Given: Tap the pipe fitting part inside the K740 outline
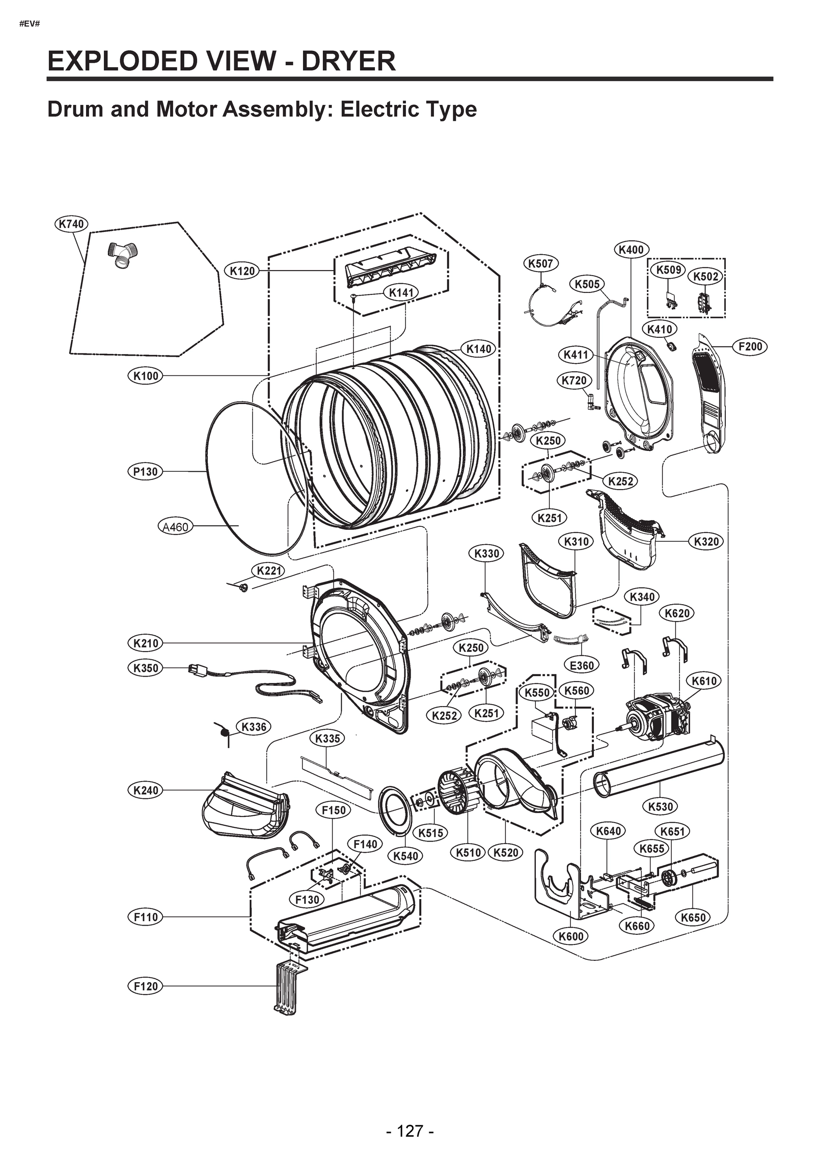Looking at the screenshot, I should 122,254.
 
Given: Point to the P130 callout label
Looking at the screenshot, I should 145,471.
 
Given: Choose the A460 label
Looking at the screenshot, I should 175,526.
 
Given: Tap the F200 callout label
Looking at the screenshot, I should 750,347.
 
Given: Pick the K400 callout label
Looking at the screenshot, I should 631,249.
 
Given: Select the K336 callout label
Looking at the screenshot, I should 254,726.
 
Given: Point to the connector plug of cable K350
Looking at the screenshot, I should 195,669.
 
